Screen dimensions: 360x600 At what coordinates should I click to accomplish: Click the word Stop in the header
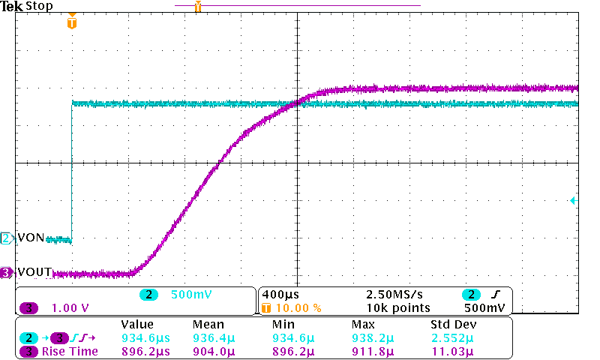click(x=39, y=7)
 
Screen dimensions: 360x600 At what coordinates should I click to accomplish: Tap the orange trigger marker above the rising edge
click(x=71, y=22)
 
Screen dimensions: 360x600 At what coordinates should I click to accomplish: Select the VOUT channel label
click(x=34, y=273)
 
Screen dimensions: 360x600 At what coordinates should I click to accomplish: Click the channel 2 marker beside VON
click(x=7, y=238)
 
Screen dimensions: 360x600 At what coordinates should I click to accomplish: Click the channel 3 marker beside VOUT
click(x=7, y=273)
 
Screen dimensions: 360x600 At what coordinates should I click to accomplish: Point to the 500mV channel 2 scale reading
click(x=187, y=295)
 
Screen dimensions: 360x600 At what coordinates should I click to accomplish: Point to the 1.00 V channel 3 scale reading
click(x=70, y=307)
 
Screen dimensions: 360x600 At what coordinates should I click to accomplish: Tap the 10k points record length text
click(x=397, y=307)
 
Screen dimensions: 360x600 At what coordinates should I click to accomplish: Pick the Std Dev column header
click(x=452, y=325)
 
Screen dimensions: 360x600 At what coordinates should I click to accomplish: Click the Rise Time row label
click(x=70, y=351)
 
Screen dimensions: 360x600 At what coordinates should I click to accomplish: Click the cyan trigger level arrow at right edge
click(x=572, y=201)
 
